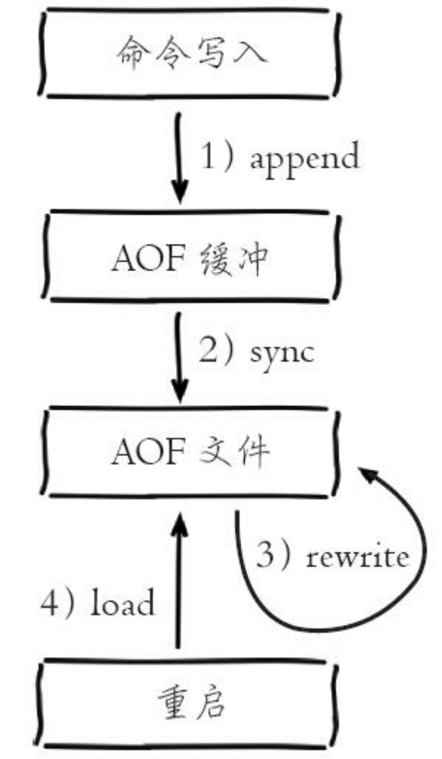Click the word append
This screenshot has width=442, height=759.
[305, 157]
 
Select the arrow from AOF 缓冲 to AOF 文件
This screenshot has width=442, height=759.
[180, 358]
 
